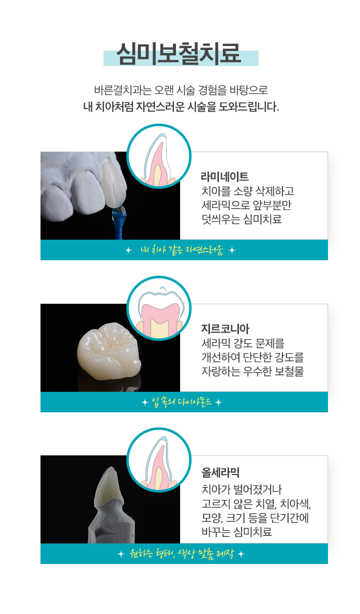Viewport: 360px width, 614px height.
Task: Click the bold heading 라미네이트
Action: pos(224,177)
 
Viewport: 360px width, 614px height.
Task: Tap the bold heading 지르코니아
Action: pos(224,329)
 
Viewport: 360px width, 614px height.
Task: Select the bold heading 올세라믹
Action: pos(221,471)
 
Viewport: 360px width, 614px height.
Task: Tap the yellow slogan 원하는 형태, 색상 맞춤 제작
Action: pos(181,554)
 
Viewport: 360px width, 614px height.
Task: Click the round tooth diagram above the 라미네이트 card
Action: pos(159,156)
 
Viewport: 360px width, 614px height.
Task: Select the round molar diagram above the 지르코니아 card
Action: pos(159,308)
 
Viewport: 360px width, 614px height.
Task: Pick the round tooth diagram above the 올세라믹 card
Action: pos(159,459)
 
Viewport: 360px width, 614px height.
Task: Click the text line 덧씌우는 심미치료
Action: pos(241,219)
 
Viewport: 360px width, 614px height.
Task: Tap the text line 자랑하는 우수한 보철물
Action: pos(252,372)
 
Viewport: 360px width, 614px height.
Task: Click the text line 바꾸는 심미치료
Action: pos(236,531)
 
